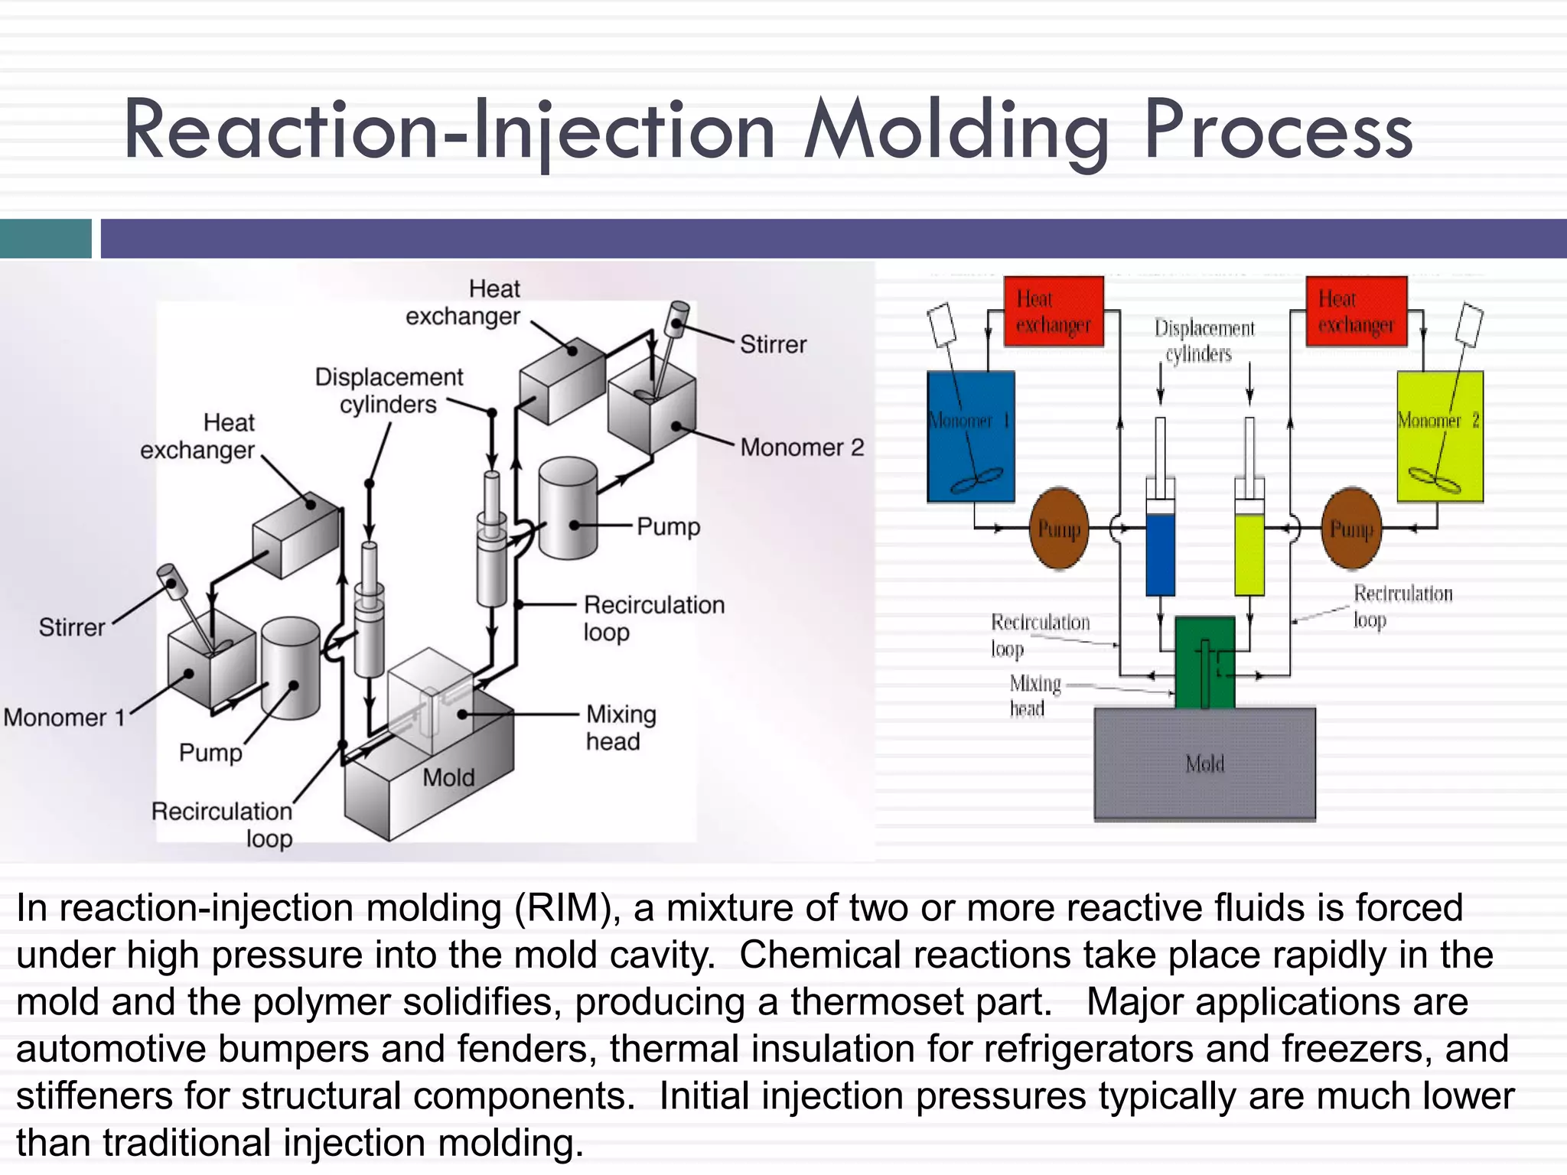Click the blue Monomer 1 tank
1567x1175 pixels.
coord(970,436)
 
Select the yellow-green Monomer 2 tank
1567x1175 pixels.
coord(1440,436)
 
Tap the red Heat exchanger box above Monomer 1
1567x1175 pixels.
coord(1054,311)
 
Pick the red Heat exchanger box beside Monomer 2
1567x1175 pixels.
coord(1356,311)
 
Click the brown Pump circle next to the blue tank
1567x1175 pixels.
coord(1059,529)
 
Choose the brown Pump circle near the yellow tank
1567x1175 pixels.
coord(1351,529)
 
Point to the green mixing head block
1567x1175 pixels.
coord(1204,662)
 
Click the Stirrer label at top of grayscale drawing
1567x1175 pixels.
coord(773,344)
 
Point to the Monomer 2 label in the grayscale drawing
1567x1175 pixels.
coord(802,447)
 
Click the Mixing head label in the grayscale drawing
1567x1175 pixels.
coord(620,727)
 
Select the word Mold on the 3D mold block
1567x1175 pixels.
coord(448,778)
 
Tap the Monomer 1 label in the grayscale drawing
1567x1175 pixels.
coord(64,718)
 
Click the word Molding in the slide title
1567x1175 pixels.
coord(956,132)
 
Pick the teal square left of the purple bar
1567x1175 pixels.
coord(45,239)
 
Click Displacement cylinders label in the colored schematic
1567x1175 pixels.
coord(1204,340)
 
